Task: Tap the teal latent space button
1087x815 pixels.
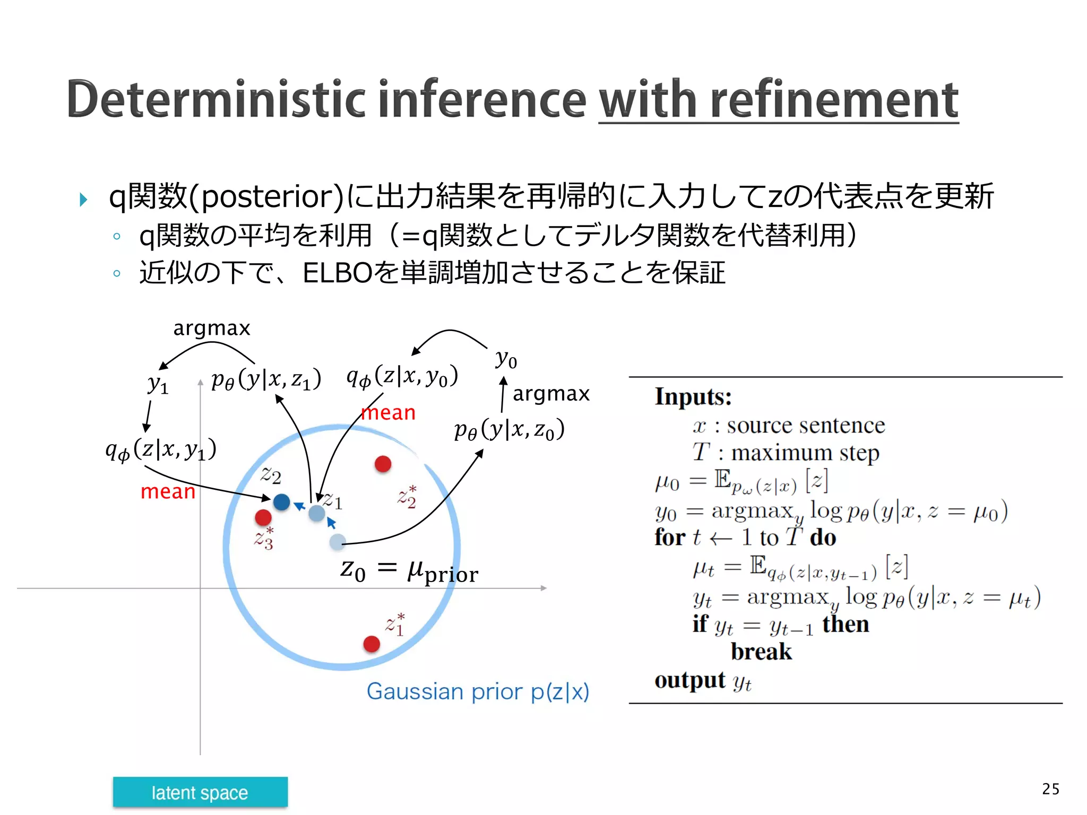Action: tap(200, 792)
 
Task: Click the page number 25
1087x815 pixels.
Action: tap(1050, 789)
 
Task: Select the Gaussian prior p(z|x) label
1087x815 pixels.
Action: tap(478, 691)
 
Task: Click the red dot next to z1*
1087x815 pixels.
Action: tap(372, 644)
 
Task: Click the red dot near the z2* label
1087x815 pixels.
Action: tap(383, 464)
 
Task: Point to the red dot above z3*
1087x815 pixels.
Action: tap(263, 517)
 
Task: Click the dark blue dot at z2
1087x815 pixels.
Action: tap(281, 501)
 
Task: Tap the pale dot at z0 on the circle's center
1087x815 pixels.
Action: tap(338, 542)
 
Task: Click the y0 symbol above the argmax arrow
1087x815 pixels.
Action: tap(506, 359)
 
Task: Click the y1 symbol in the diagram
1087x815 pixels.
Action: tap(158, 383)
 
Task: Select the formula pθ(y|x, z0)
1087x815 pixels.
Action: tap(509, 429)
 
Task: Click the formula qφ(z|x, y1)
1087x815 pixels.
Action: tap(161, 449)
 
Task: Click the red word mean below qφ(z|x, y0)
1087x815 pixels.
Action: tap(388, 413)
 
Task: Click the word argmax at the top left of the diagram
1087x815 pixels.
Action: tap(211, 328)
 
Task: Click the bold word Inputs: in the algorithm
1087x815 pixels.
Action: tap(693, 396)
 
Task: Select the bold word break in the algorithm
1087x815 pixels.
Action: tap(761, 652)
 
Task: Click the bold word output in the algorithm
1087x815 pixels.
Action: tap(689, 680)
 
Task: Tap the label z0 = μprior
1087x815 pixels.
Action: tap(409, 571)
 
